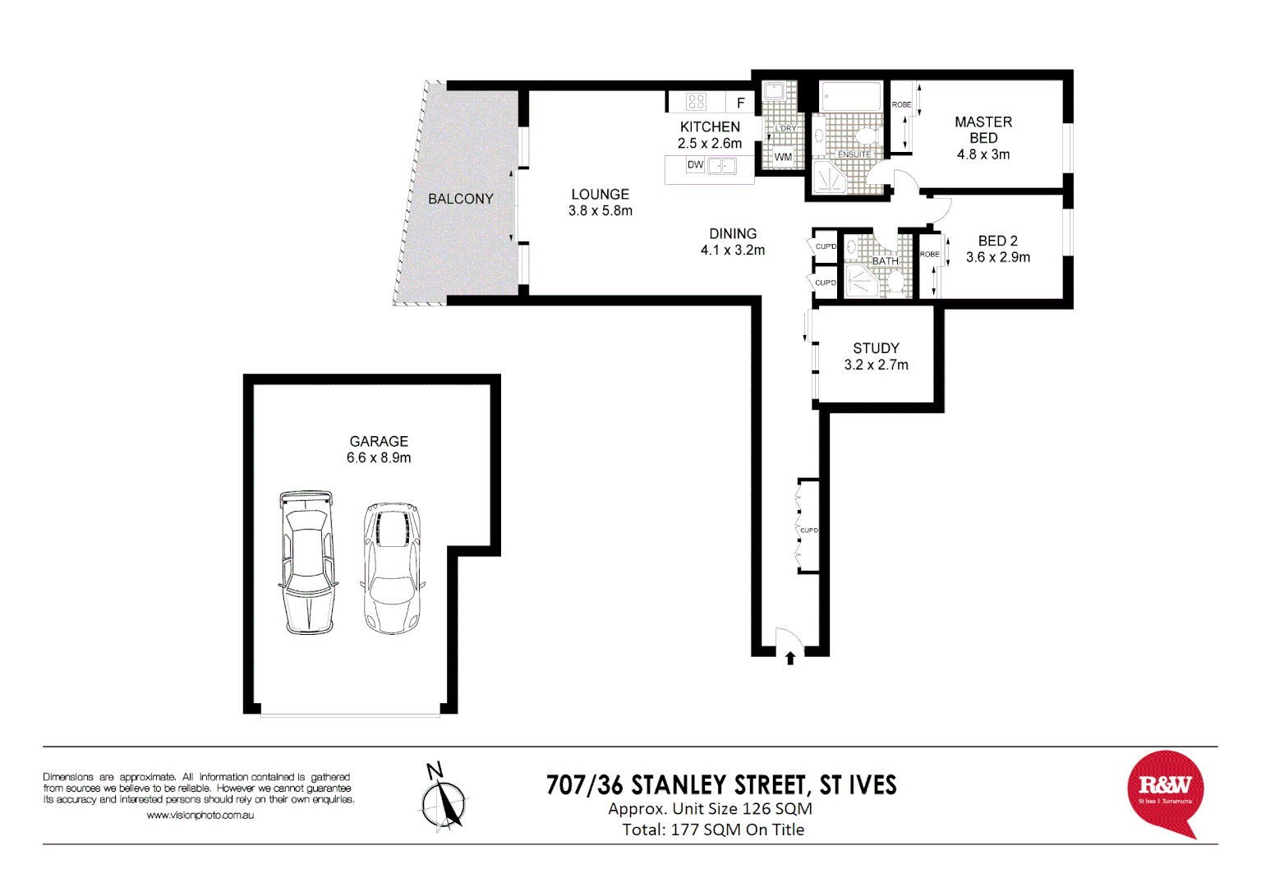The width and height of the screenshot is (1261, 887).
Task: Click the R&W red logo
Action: point(1165,791)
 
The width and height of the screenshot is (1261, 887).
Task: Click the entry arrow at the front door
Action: point(789,658)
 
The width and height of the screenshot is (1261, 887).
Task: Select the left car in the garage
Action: point(307,563)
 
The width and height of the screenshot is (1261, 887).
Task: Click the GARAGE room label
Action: point(379,442)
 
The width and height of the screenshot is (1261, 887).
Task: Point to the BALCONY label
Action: point(460,199)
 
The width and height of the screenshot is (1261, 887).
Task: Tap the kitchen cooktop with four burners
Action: point(696,102)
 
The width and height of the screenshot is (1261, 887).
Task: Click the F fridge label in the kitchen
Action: point(740,103)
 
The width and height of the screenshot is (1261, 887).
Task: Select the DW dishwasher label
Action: point(695,165)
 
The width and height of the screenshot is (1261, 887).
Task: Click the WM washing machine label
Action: point(783,157)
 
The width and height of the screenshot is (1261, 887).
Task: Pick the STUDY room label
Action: point(876,348)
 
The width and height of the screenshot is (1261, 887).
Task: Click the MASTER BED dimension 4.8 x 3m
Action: point(983,154)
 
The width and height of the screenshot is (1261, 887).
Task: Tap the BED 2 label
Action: point(997,241)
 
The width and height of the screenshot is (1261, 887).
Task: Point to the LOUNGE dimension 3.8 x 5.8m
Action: point(600,211)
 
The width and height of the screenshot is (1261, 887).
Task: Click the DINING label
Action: point(733,234)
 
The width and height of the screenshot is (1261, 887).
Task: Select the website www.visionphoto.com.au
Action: point(200,816)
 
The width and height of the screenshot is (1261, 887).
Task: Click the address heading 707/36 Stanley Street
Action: point(721,785)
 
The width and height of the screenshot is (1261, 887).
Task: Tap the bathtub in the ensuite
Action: point(851,96)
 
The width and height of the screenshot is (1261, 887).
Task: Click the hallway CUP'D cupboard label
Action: point(809,531)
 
